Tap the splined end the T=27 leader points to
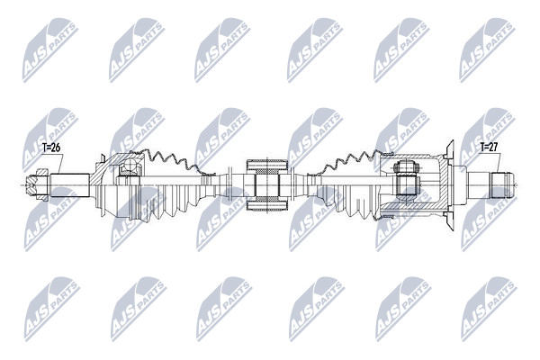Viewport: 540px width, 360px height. point(502,184)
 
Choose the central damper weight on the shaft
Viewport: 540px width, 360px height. point(265,185)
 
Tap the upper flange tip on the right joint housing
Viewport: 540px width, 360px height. point(445,145)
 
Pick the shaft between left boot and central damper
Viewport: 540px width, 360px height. point(229,186)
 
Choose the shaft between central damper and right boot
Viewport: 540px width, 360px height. point(301,185)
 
